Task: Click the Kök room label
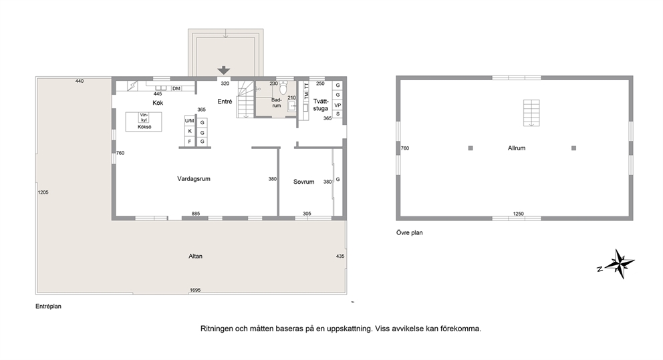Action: coord(158,103)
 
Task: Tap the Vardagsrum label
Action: coord(194,179)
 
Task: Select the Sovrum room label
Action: coord(303,182)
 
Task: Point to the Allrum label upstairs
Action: coord(517,148)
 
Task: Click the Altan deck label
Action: coord(195,256)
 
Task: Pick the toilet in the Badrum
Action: coord(283,88)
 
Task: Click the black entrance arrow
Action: coord(224,71)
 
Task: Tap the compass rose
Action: coord(619,264)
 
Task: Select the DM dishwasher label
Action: coord(176,88)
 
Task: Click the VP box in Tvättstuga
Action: coord(338,106)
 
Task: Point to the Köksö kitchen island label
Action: coord(144,127)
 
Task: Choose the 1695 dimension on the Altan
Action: coord(195,290)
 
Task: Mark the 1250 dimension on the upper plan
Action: coord(519,214)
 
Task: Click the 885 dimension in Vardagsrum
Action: coord(195,214)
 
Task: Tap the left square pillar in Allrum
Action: coord(471,148)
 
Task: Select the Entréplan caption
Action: coord(48,307)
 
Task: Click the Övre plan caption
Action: coord(409,232)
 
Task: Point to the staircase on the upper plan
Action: coord(531,113)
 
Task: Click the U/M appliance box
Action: coord(189,121)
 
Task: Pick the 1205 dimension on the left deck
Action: coord(43,192)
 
